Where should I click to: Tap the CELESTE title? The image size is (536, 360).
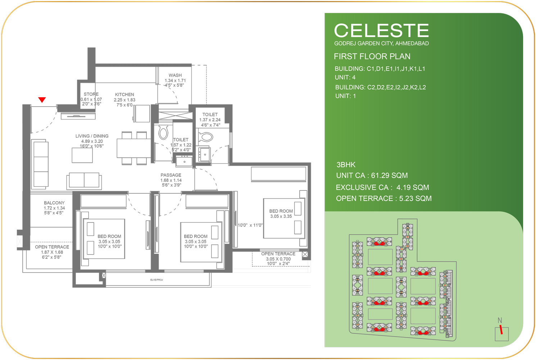click(x=381, y=30)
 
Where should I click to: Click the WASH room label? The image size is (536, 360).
click(x=175, y=75)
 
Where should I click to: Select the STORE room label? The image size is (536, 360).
click(x=91, y=94)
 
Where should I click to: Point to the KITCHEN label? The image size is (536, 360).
click(x=124, y=94)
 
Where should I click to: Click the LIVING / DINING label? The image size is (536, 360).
click(x=92, y=136)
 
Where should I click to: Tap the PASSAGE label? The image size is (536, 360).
click(x=171, y=175)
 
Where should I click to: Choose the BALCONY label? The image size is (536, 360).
click(x=54, y=203)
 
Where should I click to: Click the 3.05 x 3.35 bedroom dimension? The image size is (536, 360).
click(x=281, y=216)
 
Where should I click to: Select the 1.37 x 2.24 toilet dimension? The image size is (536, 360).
click(x=210, y=120)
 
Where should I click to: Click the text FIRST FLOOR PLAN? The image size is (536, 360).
click(x=372, y=56)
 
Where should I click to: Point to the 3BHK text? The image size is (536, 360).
click(x=346, y=165)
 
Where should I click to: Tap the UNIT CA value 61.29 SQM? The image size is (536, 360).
click(x=389, y=175)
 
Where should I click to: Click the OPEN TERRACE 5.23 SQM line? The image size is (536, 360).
click(x=384, y=198)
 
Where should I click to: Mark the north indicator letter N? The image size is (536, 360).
click(x=500, y=320)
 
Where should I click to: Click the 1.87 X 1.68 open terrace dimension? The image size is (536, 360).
click(x=52, y=252)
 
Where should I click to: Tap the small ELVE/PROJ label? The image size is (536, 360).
click(x=156, y=280)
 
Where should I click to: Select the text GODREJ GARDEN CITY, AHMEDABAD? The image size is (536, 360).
click(x=381, y=43)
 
